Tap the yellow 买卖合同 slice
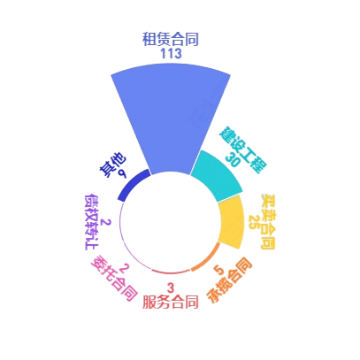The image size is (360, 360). (233, 222)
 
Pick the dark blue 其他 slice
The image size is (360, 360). (133, 185)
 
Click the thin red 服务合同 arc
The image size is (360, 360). (171, 272)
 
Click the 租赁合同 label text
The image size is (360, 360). (171, 39)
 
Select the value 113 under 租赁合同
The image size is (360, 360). (171, 54)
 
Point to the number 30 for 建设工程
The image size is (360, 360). (233, 159)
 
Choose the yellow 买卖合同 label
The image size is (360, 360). (268, 222)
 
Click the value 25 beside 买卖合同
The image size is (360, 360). (255, 221)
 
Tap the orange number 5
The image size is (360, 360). (218, 270)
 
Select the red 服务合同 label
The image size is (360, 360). (171, 303)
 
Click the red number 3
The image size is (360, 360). (171, 287)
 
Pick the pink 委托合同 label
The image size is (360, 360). (114, 278)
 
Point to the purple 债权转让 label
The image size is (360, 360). (91, 222)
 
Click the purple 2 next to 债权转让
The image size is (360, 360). (105, 222)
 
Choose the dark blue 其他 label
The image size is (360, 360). (112, 165)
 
